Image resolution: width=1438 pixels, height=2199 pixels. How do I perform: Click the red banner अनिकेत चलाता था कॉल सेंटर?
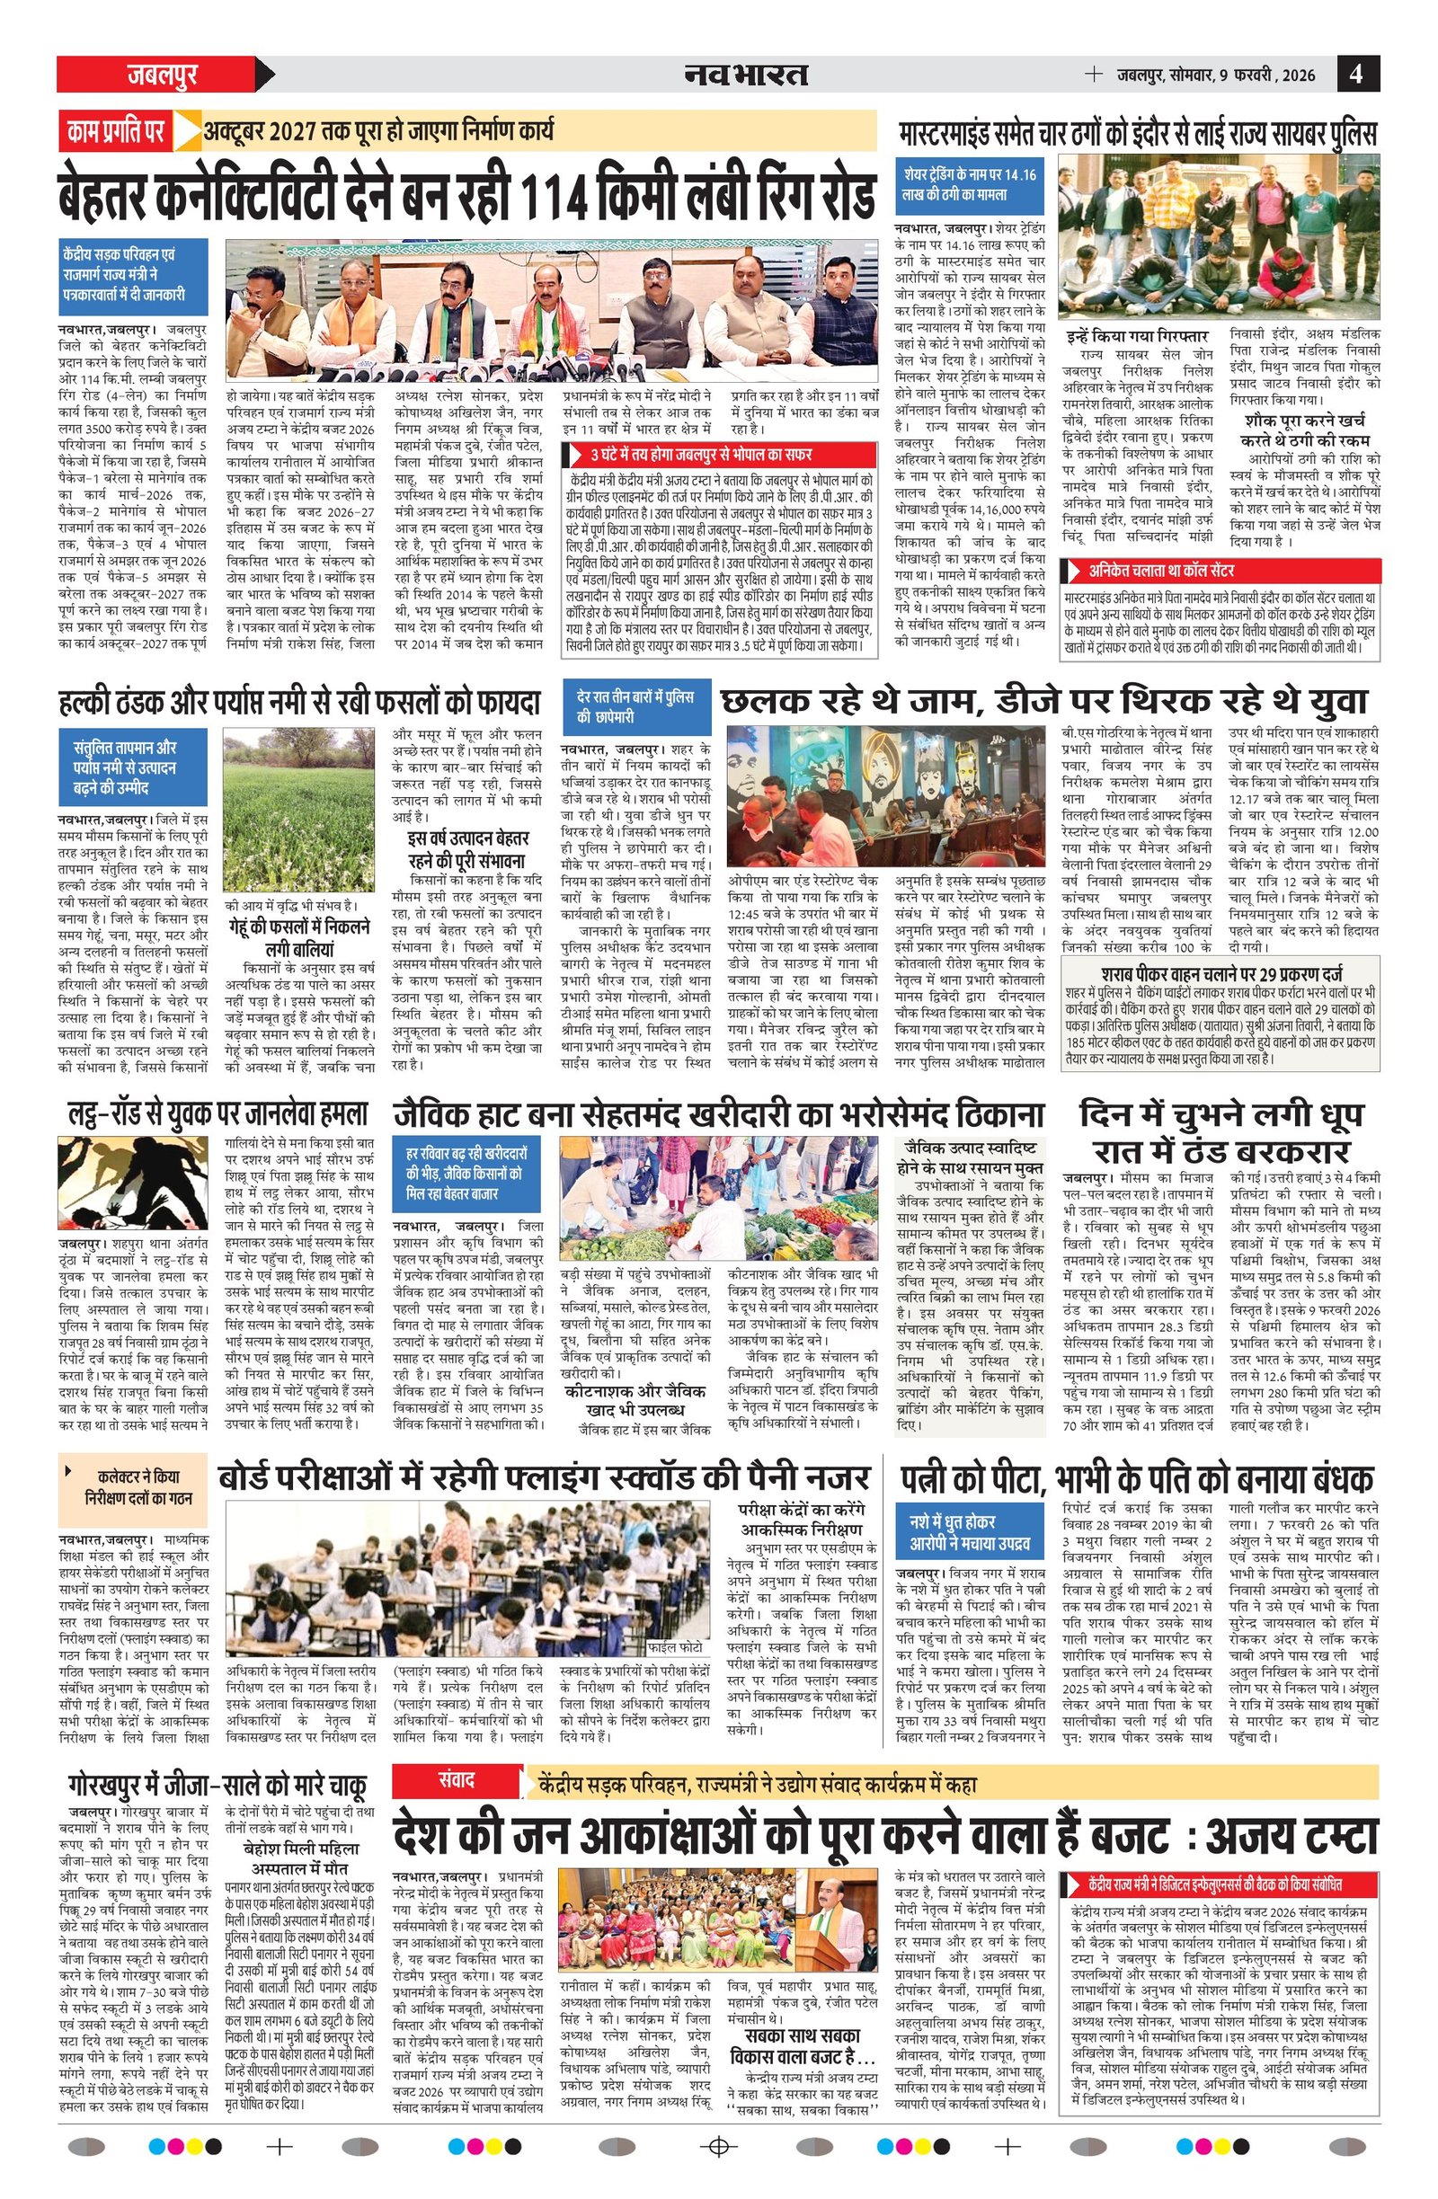point(1220,570)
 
